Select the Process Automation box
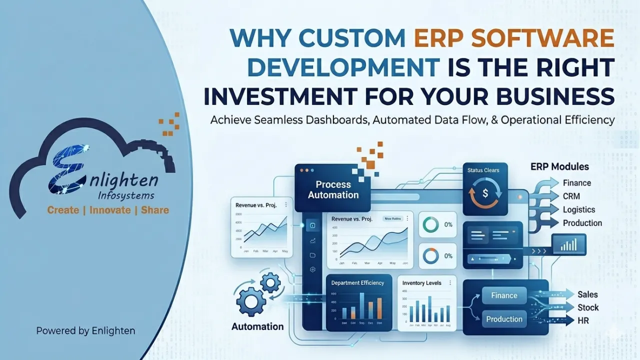tap(333, 189)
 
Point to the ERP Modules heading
tap(559, 166)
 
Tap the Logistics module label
tap(578, 210)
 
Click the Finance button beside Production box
tap(504, 295)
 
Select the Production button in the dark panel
tap(504, 319)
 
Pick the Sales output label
tap(587, 294)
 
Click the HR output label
tap(583, 320)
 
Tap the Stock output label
tap(588, 307)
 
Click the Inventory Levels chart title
tap(421, 283)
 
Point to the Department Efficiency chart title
tap(357, 283)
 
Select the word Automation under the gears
tap(257, 327)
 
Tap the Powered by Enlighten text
tap(85, 330)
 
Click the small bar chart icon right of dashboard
tap(568, 244)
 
